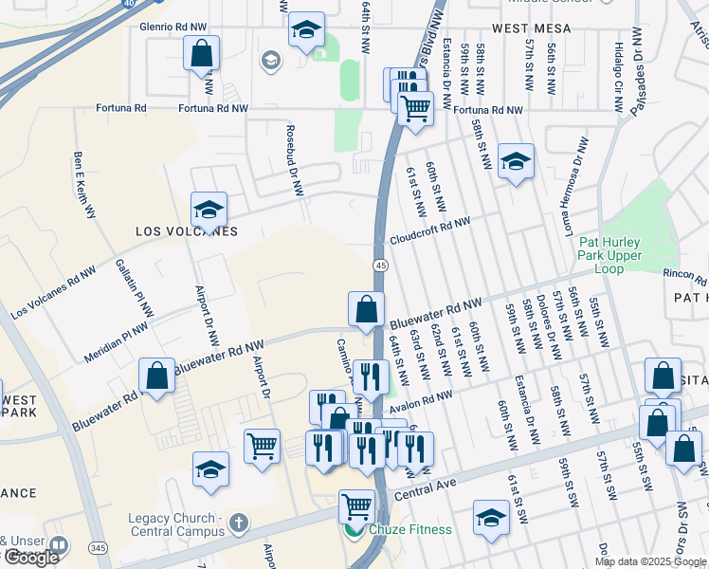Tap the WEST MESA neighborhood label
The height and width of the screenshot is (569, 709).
[531, 29]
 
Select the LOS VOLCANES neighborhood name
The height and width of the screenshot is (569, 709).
[187, 231]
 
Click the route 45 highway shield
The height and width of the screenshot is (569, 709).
[379, 265]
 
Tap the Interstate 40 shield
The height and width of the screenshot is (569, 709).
[127, 4]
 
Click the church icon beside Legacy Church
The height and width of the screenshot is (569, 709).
[238, 522]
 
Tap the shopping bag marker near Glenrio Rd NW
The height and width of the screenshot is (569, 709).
[202, 54]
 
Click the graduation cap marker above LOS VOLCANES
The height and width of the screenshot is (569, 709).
[209, 210]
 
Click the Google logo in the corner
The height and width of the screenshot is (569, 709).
[31, 558]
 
